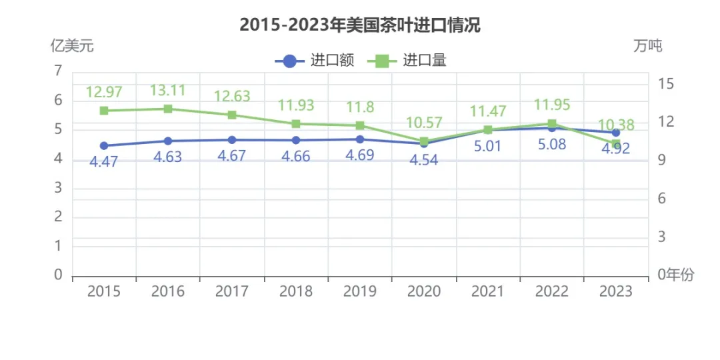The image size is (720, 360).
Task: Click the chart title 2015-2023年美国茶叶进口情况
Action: pos(360,26)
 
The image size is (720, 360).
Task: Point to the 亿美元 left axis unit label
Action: pos(72,46)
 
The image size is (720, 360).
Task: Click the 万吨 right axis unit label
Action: pos(648,46)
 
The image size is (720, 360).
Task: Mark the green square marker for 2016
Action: pos(168,109)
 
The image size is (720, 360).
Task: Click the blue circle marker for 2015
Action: pos(104,145)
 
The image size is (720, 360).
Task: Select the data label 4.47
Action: pos(104,161)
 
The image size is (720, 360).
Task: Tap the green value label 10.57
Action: pos(424,123)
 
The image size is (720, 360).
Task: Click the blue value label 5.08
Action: pos(552,144)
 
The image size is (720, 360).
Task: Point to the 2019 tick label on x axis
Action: pos(360,292)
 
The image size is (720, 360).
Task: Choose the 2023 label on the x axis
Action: pos(616,292)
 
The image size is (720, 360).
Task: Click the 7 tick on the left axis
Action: pos(58,71)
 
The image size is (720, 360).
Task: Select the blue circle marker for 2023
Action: pos(616,133)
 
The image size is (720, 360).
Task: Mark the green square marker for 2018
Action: pos(296,123)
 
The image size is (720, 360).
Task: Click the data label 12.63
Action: pos(232,96)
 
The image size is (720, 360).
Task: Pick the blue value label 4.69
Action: pos(360,155)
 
